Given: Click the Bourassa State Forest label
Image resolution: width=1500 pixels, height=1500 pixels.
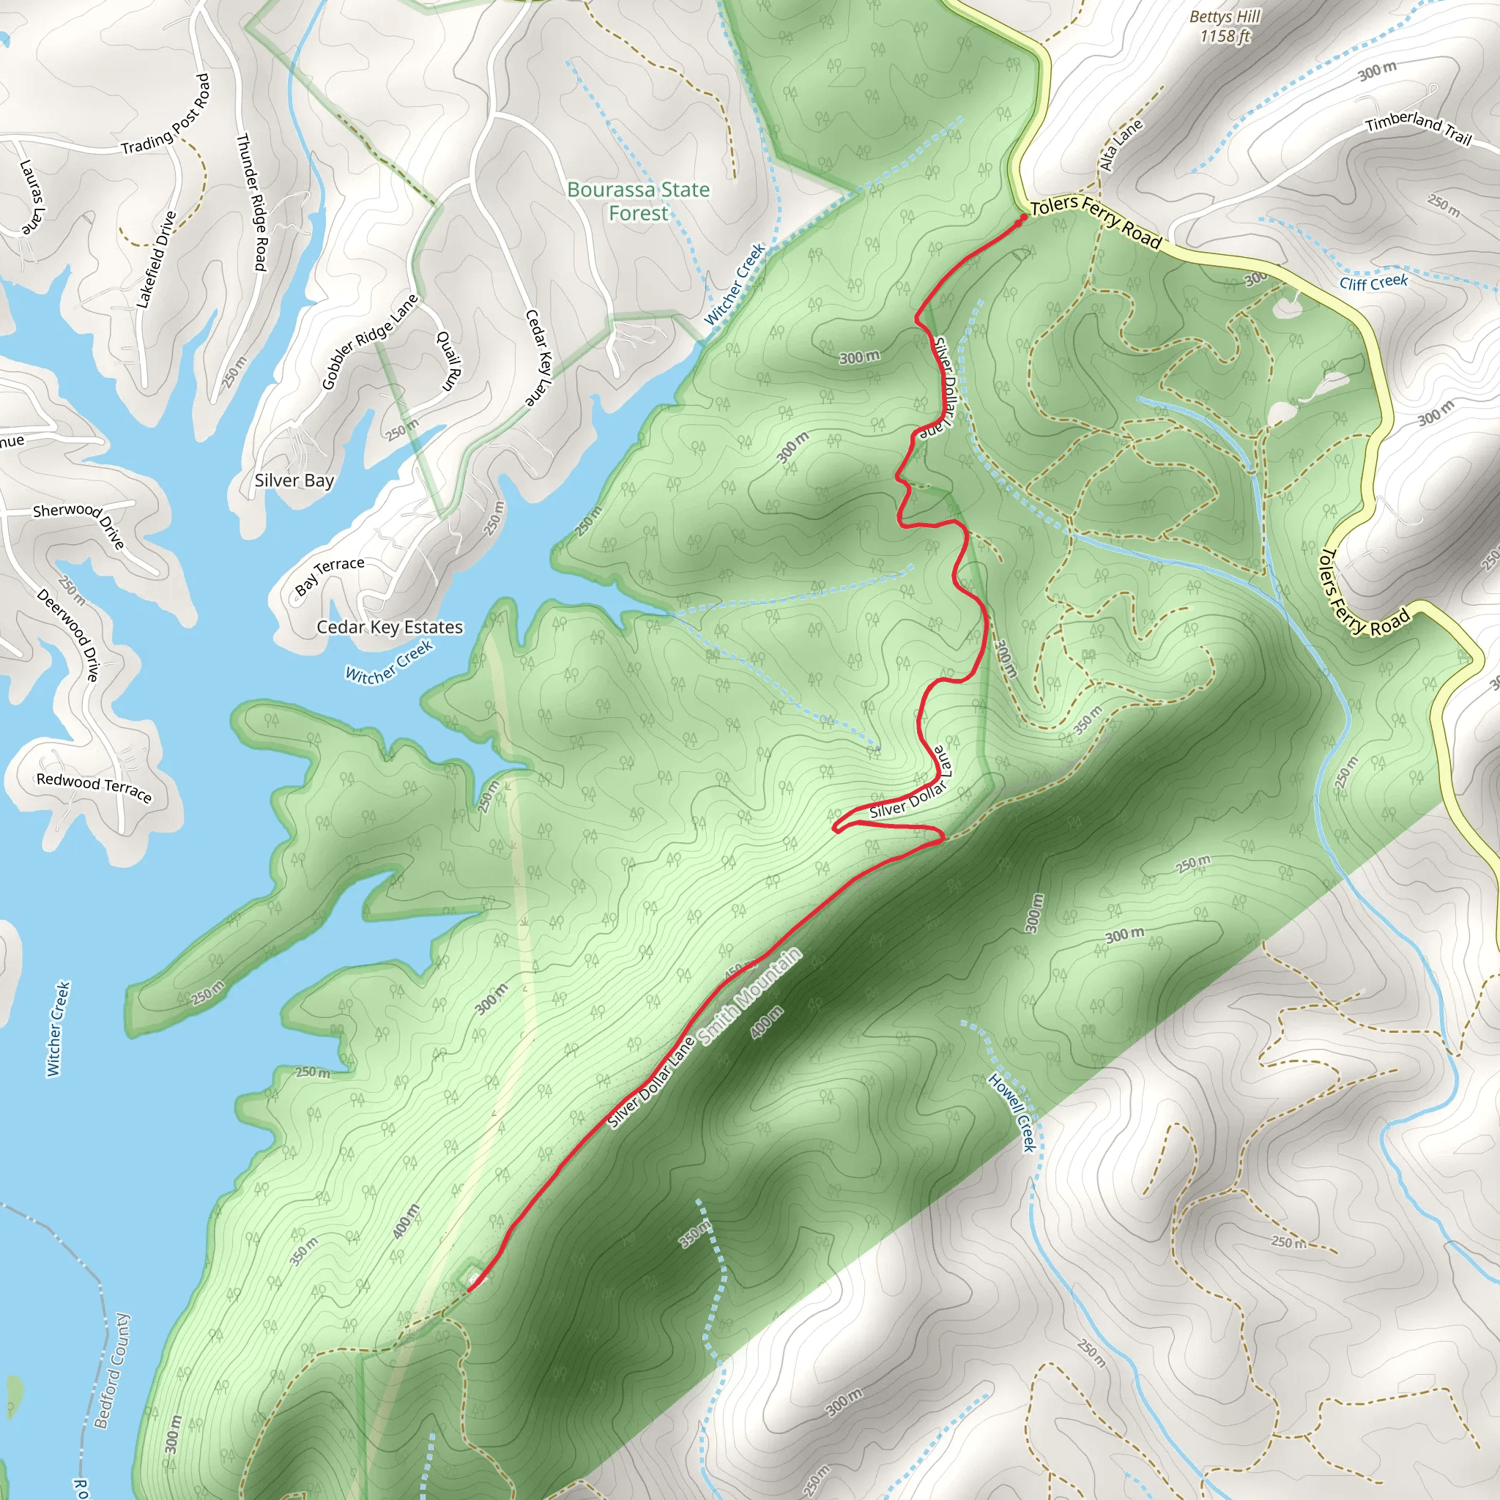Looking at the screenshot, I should click(638, 201).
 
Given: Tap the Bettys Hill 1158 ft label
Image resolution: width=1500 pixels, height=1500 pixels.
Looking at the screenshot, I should click(1225, 26).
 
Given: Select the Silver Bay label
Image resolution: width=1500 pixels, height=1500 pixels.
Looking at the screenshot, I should click(294, 480).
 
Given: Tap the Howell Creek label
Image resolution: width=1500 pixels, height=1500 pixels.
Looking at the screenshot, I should click(1012, 1112).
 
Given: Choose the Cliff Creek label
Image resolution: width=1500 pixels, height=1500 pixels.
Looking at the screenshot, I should click(1373, 282).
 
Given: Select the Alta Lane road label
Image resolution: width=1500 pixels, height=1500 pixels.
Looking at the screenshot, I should click(1121, 144).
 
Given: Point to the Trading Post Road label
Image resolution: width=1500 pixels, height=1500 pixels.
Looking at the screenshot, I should click(166, 114).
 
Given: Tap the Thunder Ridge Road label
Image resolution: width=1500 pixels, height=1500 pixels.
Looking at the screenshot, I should click(251, 203).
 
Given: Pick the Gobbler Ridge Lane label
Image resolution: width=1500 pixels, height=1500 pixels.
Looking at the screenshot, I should click(370, 341).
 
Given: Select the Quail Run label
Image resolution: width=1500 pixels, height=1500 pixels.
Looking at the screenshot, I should click(449, 361).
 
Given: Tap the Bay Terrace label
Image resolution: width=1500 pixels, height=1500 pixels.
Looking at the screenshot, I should click(329, 574).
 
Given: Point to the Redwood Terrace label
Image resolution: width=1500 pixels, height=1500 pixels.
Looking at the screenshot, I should click(94, 787).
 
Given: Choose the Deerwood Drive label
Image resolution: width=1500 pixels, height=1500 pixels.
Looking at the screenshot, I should click(68, 635).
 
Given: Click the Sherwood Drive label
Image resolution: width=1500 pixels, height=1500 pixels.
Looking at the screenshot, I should click(79, 525).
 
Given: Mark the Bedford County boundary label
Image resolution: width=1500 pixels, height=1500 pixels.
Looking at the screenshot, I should click(112, 1371).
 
